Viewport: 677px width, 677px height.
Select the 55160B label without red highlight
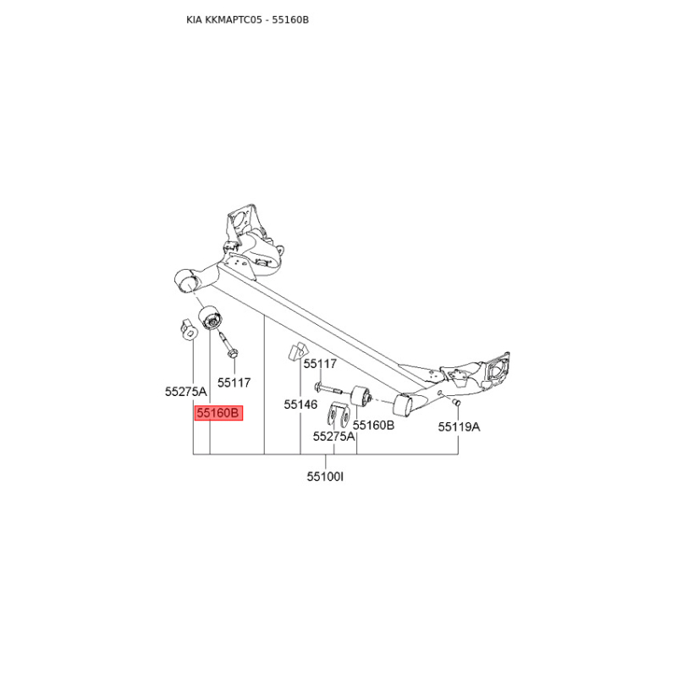click(x=373, y=426)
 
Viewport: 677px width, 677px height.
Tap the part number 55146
click(x=300, y=405)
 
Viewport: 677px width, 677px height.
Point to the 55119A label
click(x=459, y=427)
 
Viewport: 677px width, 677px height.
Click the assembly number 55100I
click(x=325, y=477)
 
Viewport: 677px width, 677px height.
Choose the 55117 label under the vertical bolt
click(x=234, y=383)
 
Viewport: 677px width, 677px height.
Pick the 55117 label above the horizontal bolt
click(x=320, y=364)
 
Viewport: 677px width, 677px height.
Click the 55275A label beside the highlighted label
click(x=185, y=392)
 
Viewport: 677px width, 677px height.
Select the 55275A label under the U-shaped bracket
click(x=333, y=437)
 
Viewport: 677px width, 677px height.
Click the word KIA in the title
click(x=195, y=19)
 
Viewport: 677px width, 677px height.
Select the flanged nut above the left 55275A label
click(x=187, y=327)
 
